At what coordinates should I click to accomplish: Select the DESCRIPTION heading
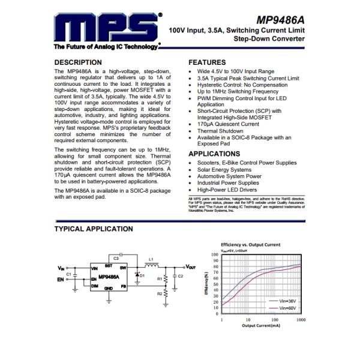[x=78, y=62]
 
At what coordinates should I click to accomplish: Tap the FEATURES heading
[x=207, y=62]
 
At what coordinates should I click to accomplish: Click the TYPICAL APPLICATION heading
[x=94, y=229]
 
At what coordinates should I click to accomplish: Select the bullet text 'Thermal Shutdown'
[x=220, y=131]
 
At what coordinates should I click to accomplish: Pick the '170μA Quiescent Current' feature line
[x=228, y=124]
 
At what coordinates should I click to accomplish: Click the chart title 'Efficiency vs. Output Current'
[x=250, y=245]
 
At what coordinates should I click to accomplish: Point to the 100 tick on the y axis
[x=215, y=254]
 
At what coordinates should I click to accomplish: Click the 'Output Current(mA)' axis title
[x=261, y=326]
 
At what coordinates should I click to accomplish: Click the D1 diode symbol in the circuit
[x=137, y=275]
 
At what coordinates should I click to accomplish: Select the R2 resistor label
[x=159, y=293]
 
